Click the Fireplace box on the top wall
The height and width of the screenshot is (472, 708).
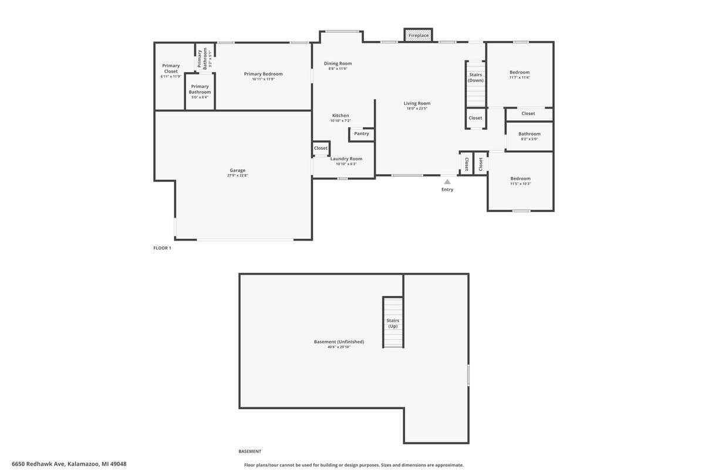click(419, 35)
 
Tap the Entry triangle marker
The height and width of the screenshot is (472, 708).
click(447, 182)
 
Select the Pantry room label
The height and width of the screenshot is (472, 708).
click(362, 134)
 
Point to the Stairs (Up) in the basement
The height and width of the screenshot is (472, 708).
click(393, 323)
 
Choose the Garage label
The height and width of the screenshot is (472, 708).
click(238, 170)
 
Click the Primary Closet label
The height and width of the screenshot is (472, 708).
click(171, 68)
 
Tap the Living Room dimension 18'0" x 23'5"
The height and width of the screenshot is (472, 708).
click(417, 109)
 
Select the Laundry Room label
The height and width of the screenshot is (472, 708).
click(346, 159)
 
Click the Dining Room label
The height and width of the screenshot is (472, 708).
click(338, 63)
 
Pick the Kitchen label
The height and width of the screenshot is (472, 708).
click(340, 116)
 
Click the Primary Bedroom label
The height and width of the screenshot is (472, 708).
click(263, 74)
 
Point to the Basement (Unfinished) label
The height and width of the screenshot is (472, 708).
click(339, 342)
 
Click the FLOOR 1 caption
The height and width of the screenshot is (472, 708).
click(162, 248)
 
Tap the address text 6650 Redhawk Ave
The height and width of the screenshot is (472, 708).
click(69, 464)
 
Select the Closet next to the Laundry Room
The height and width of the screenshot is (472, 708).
click(321, 148)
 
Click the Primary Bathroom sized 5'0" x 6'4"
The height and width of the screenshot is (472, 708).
click(200, 89)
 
